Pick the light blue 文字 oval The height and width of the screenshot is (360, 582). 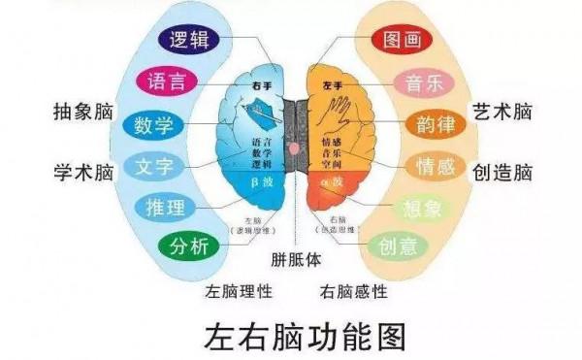coord(154,166)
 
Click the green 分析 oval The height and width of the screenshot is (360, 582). coord(189,245)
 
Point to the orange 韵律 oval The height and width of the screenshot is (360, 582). coord(436,125)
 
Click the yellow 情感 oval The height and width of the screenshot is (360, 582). coord(434,167)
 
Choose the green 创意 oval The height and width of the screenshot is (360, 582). coord(399,245)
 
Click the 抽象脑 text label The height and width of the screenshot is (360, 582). coord(83,112)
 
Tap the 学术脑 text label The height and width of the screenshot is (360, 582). coord(83,171)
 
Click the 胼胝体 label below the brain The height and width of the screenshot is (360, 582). coord(296,261)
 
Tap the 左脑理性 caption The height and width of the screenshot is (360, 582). coord(239,290)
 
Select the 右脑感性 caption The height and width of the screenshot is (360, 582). coord(354,290)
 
